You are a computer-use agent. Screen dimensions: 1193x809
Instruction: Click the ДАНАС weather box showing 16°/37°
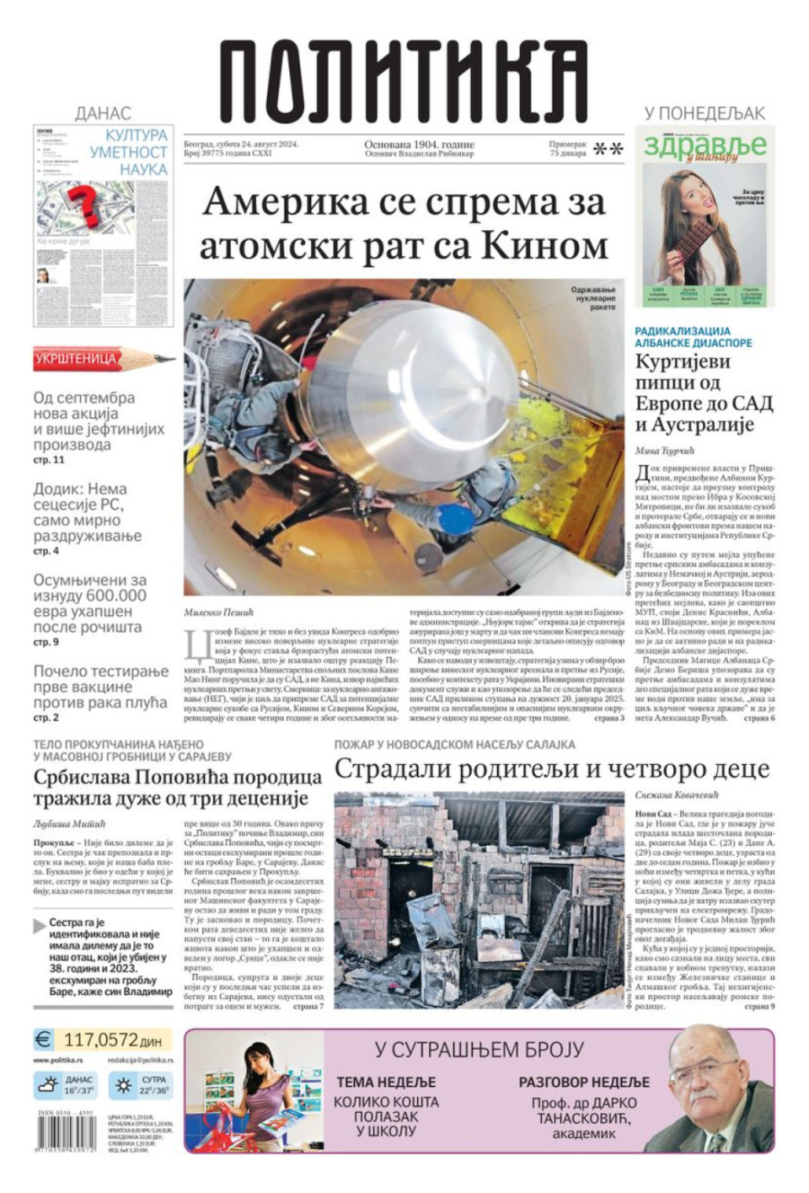pos(65,1086)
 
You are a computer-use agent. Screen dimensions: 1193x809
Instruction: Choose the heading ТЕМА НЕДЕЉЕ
pos(386,1082)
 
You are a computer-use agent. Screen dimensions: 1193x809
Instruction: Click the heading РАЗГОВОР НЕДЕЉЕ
pos(583,1082)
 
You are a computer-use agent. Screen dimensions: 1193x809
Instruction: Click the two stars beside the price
pos(609,149)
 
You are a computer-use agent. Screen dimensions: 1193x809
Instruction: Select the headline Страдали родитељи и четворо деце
pos(551,769)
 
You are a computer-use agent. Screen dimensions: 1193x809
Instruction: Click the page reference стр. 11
pos(49,460)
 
